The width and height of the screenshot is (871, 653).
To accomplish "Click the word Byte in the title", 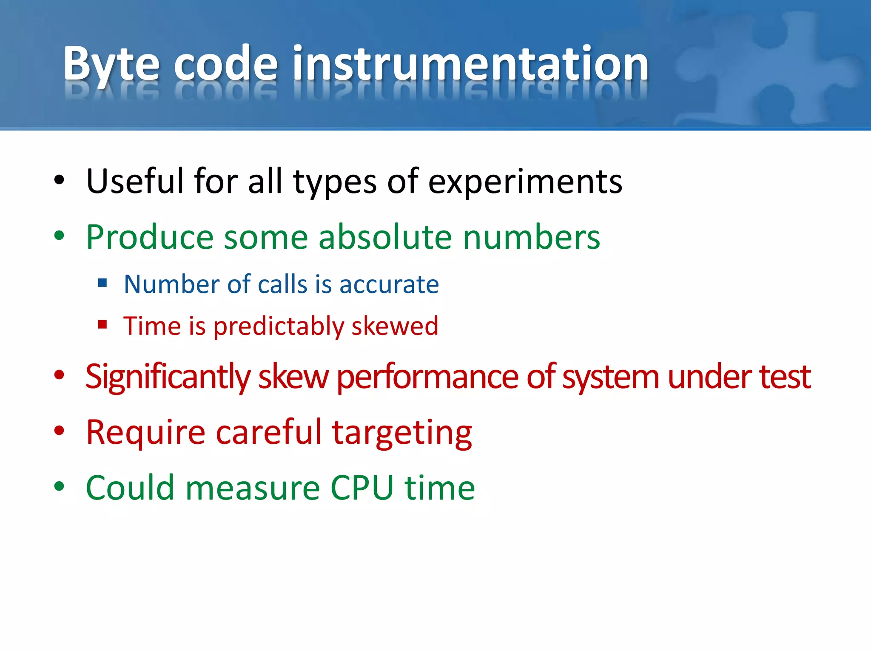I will [111, 65].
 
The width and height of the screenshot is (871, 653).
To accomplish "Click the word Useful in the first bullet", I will [135, 182].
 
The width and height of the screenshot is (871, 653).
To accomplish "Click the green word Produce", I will [149, 237].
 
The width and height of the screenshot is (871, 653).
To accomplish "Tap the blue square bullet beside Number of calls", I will [102, 283].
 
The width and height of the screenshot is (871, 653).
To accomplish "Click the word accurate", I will [389, 285].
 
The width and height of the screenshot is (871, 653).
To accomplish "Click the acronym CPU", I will [362, 488].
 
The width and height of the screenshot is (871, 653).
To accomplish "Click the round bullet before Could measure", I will [59, 486].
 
